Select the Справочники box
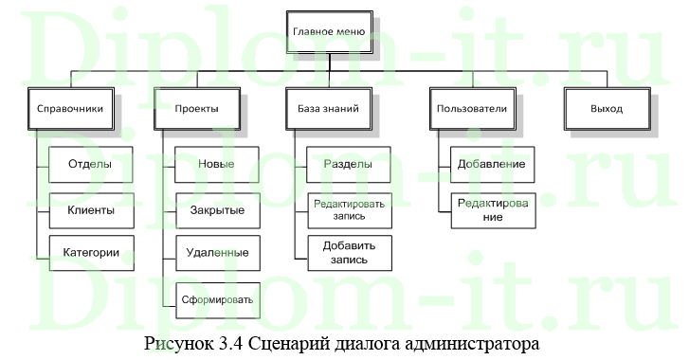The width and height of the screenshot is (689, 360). (x=65, y=109)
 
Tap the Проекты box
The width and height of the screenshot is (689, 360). (x=196, y=109)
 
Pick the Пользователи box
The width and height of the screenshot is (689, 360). (x=471, y=109)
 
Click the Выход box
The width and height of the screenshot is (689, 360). (x=607, y=109)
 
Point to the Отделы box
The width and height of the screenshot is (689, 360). (x=90, y=165)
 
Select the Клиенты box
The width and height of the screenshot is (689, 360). (x=90, y=209)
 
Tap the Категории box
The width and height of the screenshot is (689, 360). (x=90, y=253)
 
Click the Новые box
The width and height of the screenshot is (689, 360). (x=216, y=165)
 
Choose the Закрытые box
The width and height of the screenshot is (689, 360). (x=216, y=209)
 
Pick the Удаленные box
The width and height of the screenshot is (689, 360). (x=216, y=253)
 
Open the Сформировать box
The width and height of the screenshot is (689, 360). (x=216, y=299)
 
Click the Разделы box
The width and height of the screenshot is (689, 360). (x=348, y=165)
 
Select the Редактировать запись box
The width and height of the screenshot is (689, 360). (x=348, y=209)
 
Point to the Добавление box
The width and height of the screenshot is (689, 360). (x=492, y=165)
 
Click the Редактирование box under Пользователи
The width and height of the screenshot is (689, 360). (x=492, y=209)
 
